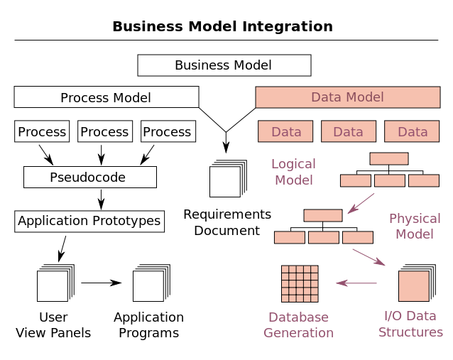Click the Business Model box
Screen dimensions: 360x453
point(224,65)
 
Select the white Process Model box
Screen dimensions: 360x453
point(106,97)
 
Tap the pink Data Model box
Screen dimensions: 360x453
point(347,97)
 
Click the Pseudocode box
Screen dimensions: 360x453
point(89,178)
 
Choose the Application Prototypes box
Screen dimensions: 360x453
point(89,221)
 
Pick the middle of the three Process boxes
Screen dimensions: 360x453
point(105,131)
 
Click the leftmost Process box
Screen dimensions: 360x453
point(42,131)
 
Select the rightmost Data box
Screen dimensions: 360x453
point(412,131)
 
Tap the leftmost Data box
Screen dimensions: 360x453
point(285,131)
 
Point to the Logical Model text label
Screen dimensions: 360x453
point(293,172)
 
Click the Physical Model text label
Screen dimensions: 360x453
point(415,226)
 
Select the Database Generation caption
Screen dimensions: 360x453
point(298,324)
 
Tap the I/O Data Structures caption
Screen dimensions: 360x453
point(410,324)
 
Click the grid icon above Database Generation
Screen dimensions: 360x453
point(300,284)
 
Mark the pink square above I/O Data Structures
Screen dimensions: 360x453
point(413,285)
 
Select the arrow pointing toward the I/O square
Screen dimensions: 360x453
point(369,257)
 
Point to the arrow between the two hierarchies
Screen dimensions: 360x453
point(361,202)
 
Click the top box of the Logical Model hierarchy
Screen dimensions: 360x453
point(388,158)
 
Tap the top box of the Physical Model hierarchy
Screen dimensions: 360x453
point(323,215)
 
